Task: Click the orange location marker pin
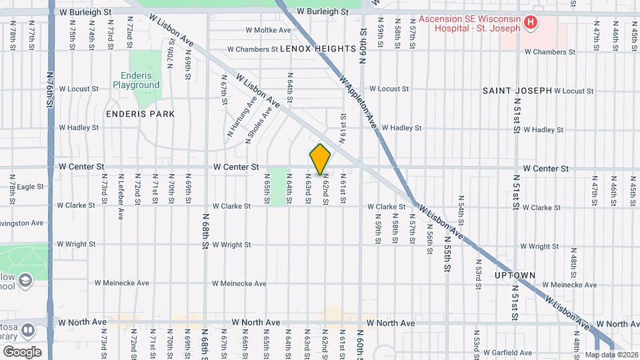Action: coord(320,159)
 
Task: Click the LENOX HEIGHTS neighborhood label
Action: coord(318,49)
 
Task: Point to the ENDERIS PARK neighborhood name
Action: coord(140,114)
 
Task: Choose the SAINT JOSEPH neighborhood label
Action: coord(517,90)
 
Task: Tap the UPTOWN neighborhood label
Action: coord(515,275)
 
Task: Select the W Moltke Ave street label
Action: coord(268,30)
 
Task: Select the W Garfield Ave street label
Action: coord(508,352)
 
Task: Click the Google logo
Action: coord(22,351)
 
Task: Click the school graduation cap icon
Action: coord(26,279)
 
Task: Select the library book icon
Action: coord(27,330)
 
